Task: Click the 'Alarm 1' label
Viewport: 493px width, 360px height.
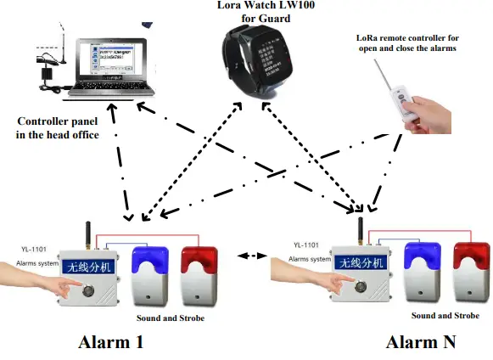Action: click(x=110, y=342)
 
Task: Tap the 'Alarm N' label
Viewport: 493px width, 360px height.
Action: click(x=421, y=342)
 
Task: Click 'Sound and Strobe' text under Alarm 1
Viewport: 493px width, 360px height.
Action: click(x=171, y=318)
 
